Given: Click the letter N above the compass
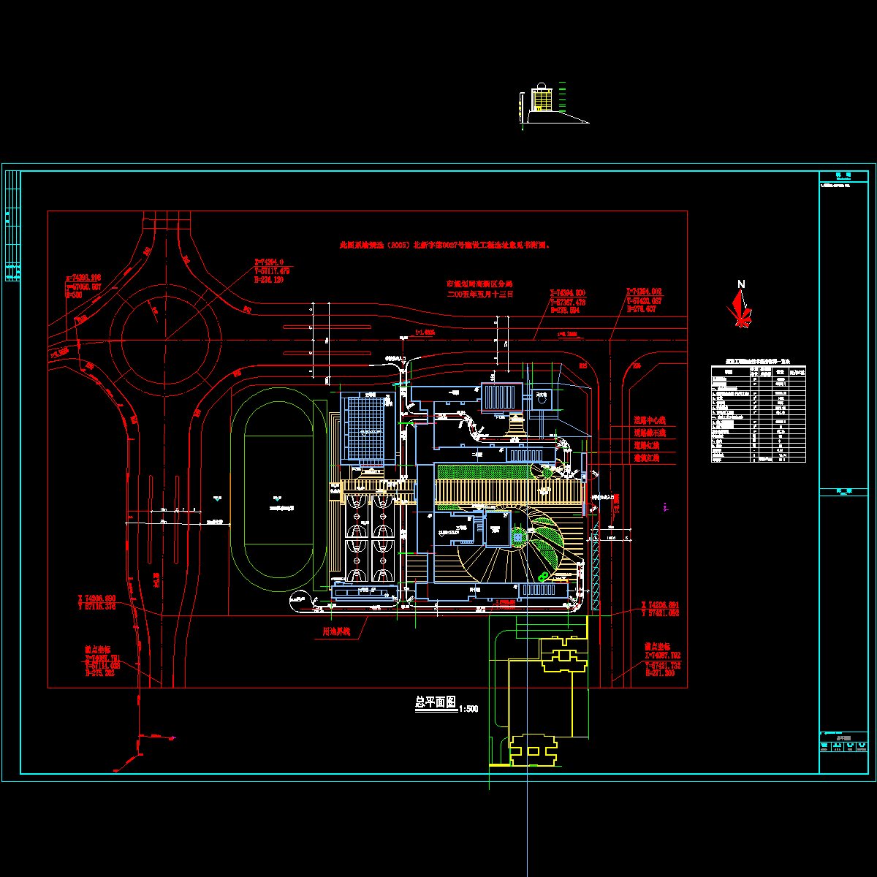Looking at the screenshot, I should tap(741, 284).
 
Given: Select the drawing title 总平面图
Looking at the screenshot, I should tap(436, 702).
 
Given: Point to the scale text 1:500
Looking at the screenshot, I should tap(468, 708).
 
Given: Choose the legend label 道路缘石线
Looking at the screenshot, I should tap(650, 433).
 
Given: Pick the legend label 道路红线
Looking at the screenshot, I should tap(647, 445).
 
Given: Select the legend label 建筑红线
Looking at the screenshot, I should tap(647, 458).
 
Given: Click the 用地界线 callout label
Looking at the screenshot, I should tap(337, 631).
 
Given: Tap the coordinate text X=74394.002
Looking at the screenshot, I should tap(644, 292).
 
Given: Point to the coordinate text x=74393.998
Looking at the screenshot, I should tap(83, 278).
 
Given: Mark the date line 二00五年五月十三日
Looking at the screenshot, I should tap(481, 294).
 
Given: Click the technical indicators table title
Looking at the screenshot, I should tap(759, 362).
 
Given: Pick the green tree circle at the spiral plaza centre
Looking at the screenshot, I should tap(518, 538).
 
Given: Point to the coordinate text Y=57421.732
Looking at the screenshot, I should tap(663, 665).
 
